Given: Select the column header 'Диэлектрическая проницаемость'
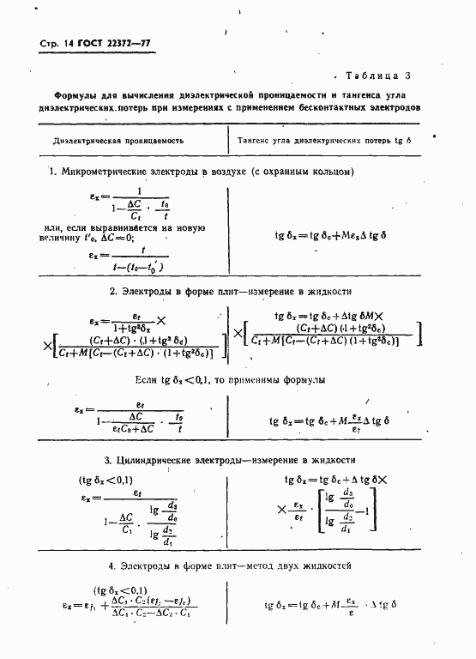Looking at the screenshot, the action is tap(118, 140).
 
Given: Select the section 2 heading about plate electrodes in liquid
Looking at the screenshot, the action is tap(231, 292).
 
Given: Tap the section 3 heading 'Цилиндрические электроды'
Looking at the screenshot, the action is tap(230, 460).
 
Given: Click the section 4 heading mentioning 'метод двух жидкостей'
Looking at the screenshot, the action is tap(230, 566).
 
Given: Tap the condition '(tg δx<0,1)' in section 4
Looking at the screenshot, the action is tap(121, 589).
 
